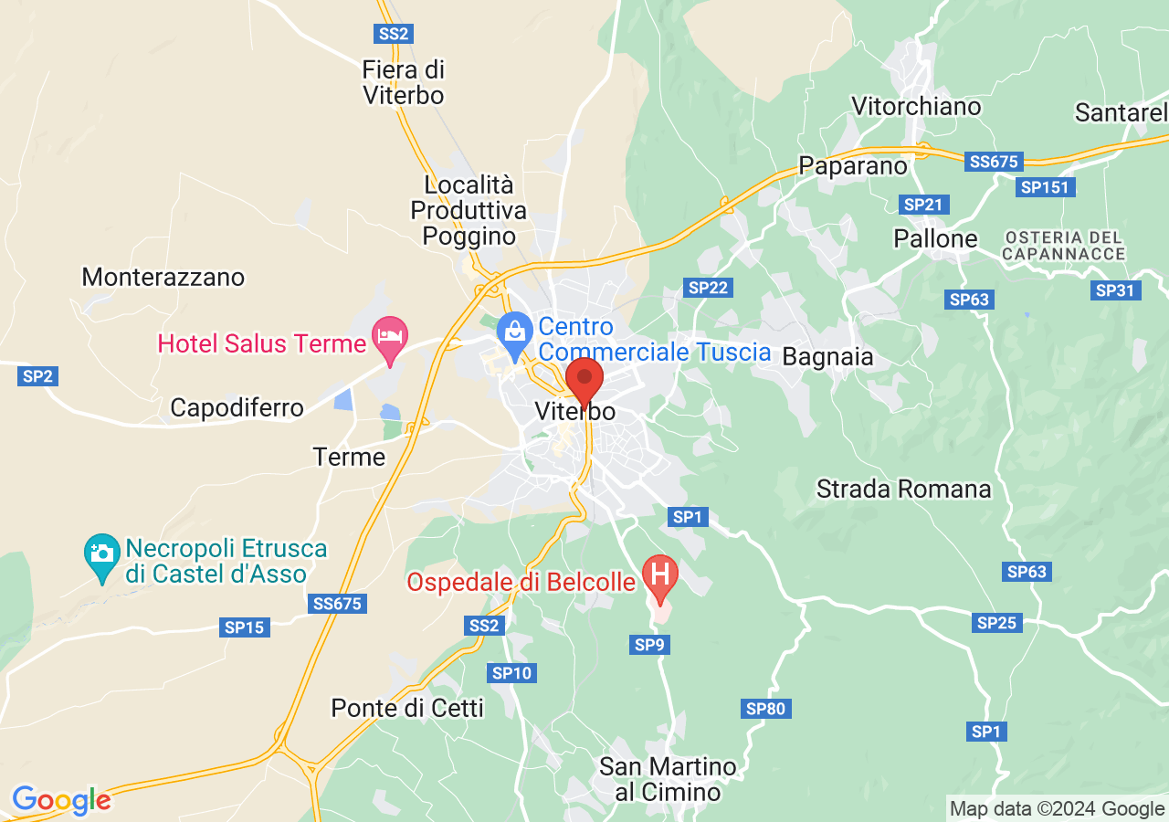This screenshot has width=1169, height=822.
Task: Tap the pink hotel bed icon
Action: (390, 337)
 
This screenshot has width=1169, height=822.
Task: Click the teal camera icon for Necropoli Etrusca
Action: (101, 554)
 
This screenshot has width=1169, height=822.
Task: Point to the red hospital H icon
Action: (659, 575)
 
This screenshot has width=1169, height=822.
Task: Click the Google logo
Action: (61, 800)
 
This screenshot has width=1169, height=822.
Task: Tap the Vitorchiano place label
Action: (916, 107)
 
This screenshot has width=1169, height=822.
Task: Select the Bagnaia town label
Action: (828, 356)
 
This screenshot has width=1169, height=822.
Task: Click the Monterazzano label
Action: (163, 277)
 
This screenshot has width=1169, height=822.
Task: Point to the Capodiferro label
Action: (237, 407)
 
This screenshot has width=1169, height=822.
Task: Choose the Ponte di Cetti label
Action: (407, 708)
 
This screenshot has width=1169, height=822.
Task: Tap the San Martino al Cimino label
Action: (668, 779)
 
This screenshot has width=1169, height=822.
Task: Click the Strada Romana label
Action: (903, 489)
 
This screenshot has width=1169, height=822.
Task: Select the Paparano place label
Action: (853, 165)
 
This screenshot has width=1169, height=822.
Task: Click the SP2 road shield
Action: (37, 375)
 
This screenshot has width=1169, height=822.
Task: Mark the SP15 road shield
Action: (244, 627)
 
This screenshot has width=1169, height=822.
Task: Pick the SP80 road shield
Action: (767, 708)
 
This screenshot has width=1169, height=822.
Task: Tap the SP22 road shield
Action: (709, 288)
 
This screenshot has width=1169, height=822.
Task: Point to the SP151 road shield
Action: (1046, 187)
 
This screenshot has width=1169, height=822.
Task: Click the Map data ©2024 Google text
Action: (1057, 808)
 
